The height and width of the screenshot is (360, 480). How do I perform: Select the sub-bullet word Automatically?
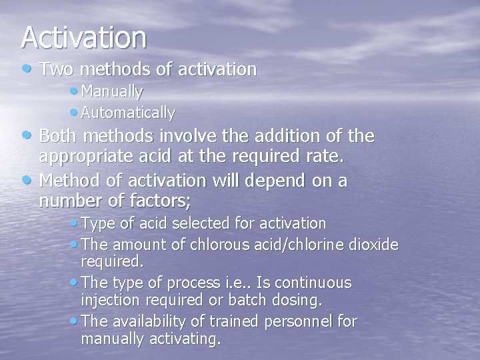click(x=127, y=113)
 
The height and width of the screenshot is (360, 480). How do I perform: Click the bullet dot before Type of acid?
click(x=71, y=223)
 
